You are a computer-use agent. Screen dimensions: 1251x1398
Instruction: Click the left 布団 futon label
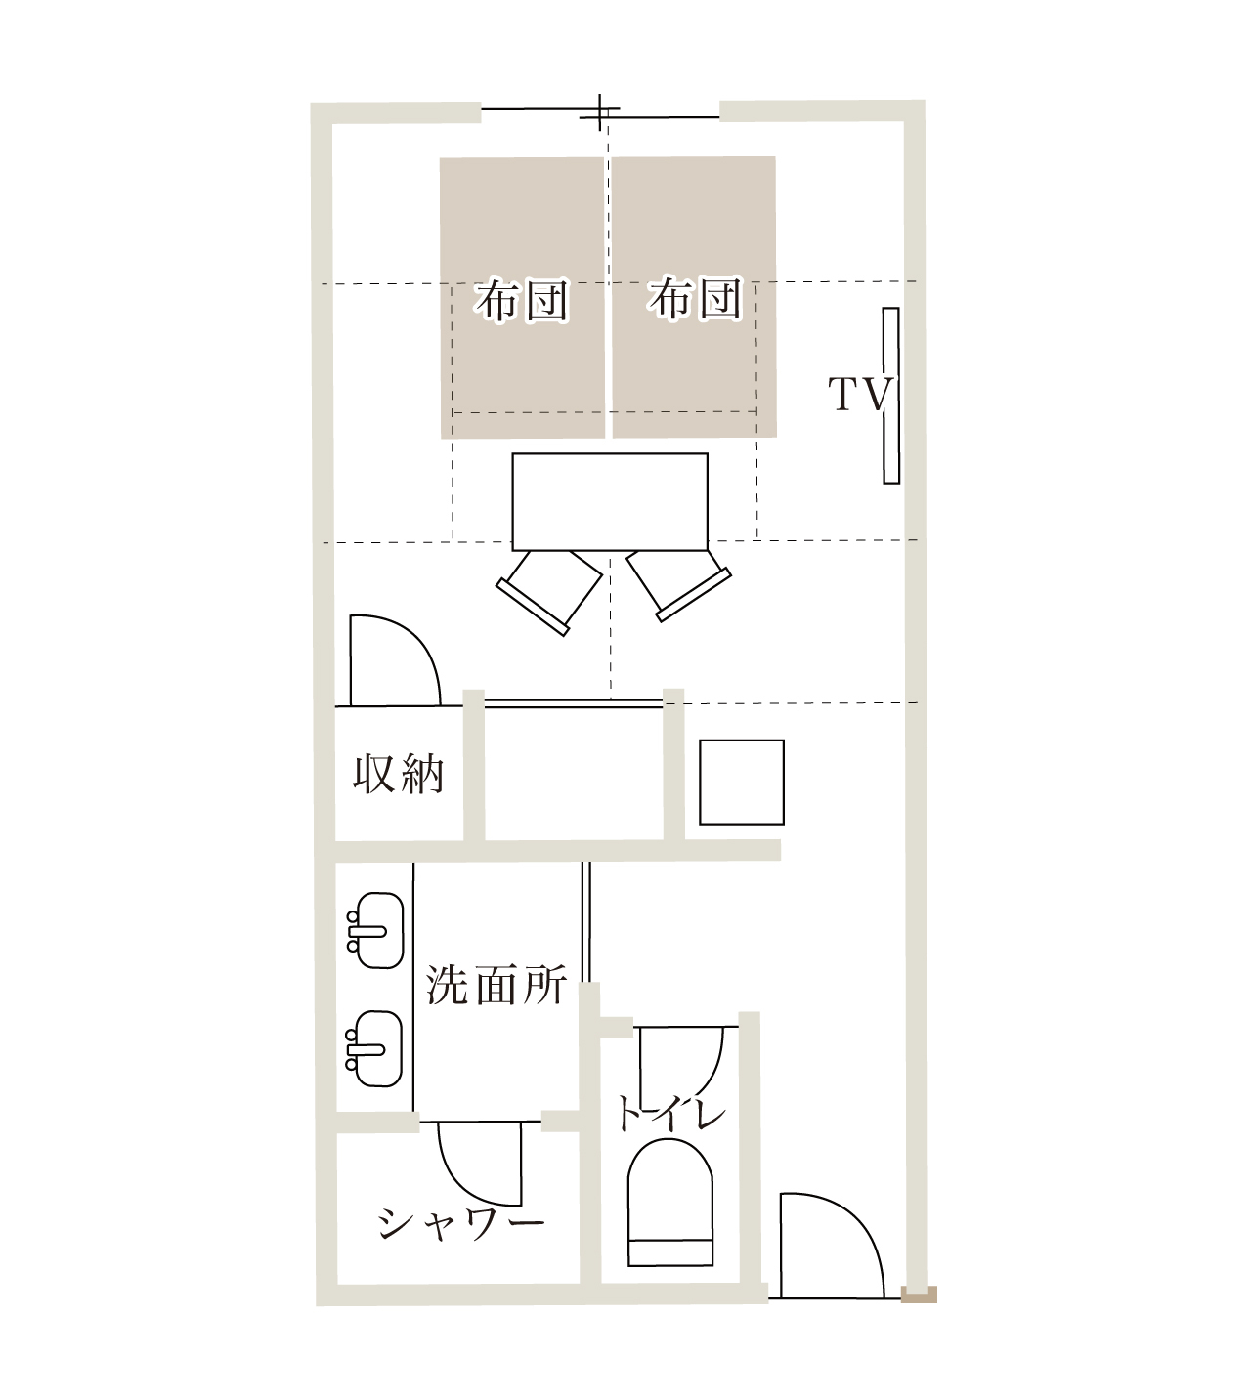click(522, 300)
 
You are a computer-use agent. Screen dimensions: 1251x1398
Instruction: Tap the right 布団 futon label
click(695, 299)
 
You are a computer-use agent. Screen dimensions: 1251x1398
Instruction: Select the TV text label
click(860, 395)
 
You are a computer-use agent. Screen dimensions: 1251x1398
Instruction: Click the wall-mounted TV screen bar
click(890, 396)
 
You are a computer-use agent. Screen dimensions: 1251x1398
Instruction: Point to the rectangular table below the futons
click(610, 501)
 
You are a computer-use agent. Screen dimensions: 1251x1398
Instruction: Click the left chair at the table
click(549, 591)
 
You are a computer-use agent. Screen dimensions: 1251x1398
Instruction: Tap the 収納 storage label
click(398, 774)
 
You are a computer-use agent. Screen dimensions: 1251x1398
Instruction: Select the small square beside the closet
click(742, 782)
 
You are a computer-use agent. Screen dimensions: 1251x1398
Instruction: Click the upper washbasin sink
click(377, 931)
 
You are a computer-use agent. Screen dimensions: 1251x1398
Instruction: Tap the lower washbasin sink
click(375, 1049)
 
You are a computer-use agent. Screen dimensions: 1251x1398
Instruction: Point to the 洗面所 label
click(496, 984)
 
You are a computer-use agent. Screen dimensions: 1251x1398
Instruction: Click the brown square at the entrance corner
click(919, 1293)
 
